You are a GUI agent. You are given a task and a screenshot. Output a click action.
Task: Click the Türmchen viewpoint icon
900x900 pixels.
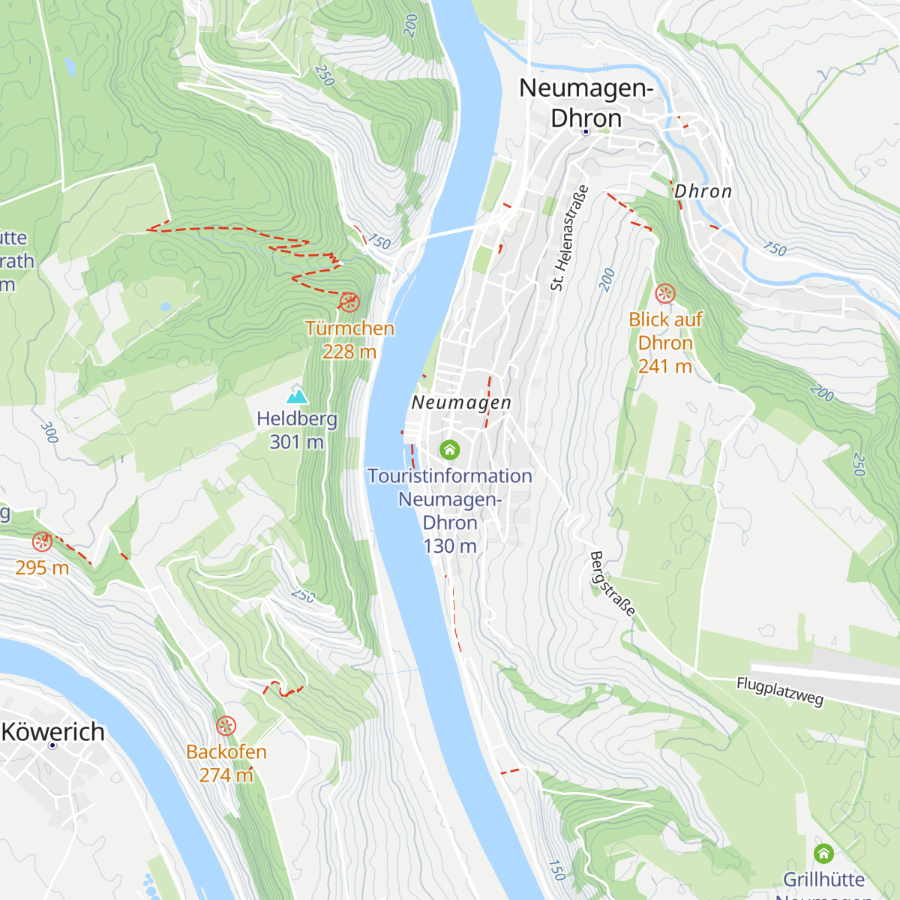(x=349, y=302)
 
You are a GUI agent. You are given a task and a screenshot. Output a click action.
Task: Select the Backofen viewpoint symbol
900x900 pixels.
(x=226, y=725)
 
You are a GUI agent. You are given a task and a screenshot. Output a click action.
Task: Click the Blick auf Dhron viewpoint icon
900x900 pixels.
(x=665, y=293)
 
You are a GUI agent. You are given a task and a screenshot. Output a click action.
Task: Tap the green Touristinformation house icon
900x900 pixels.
(x=449, y=449)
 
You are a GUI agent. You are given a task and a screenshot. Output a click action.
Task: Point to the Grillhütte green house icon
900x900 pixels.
(x=823, y=853)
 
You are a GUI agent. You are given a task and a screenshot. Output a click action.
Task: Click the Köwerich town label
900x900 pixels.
(x=53, y=731)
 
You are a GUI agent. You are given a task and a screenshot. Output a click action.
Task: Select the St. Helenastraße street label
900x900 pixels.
(x=569, y=238)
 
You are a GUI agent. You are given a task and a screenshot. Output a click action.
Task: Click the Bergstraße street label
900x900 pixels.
(x=612, y=583)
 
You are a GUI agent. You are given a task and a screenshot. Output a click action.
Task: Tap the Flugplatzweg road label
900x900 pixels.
(x=780, y=691)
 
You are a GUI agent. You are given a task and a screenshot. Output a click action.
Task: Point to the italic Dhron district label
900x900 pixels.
(x=703, y=191)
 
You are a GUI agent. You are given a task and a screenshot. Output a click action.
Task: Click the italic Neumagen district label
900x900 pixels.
(x=461, y=403)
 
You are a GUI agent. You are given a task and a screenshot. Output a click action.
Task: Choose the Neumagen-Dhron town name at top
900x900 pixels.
(x=586, y=103)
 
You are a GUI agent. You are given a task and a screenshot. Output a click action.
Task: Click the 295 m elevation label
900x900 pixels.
(x=42, y=568)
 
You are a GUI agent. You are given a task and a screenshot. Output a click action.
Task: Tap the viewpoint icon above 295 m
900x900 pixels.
(x=42, y=541)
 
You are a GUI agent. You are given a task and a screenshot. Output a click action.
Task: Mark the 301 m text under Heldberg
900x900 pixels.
(x=296, y=442)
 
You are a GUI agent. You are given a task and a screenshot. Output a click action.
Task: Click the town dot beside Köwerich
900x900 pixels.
(x=52, y=745)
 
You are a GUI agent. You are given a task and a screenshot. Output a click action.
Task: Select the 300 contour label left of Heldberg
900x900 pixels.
(x=49, y=432)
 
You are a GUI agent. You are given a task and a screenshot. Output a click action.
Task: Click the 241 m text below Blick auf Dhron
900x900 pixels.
(x=664, y=366)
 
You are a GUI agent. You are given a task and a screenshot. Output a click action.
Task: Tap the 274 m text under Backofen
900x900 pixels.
(x=226, y=775)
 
